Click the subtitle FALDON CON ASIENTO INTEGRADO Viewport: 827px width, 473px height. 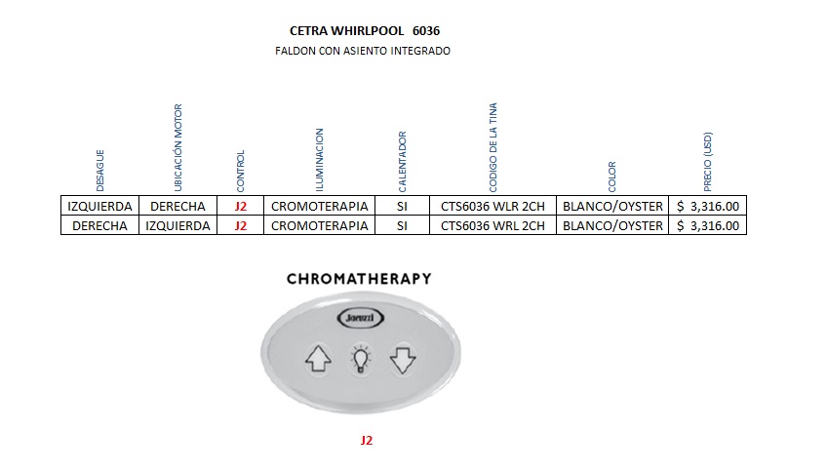(363, 51)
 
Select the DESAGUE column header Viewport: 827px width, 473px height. (99, 170)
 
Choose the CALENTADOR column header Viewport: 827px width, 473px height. (402, 161)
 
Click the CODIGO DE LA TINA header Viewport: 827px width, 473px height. (493, 146)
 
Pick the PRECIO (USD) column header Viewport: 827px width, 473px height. (708, 163)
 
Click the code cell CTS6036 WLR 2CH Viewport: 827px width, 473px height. (492, 207)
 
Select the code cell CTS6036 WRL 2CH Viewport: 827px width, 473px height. (492, 226)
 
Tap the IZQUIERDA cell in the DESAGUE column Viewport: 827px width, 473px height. (99, 207)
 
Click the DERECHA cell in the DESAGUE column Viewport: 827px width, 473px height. (99, 226)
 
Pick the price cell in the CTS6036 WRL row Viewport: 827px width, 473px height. (709, 226)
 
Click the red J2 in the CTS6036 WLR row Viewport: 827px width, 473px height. (241, 207)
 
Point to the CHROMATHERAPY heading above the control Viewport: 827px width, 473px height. (359, 279)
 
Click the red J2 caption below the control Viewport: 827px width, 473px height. (367, 440)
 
